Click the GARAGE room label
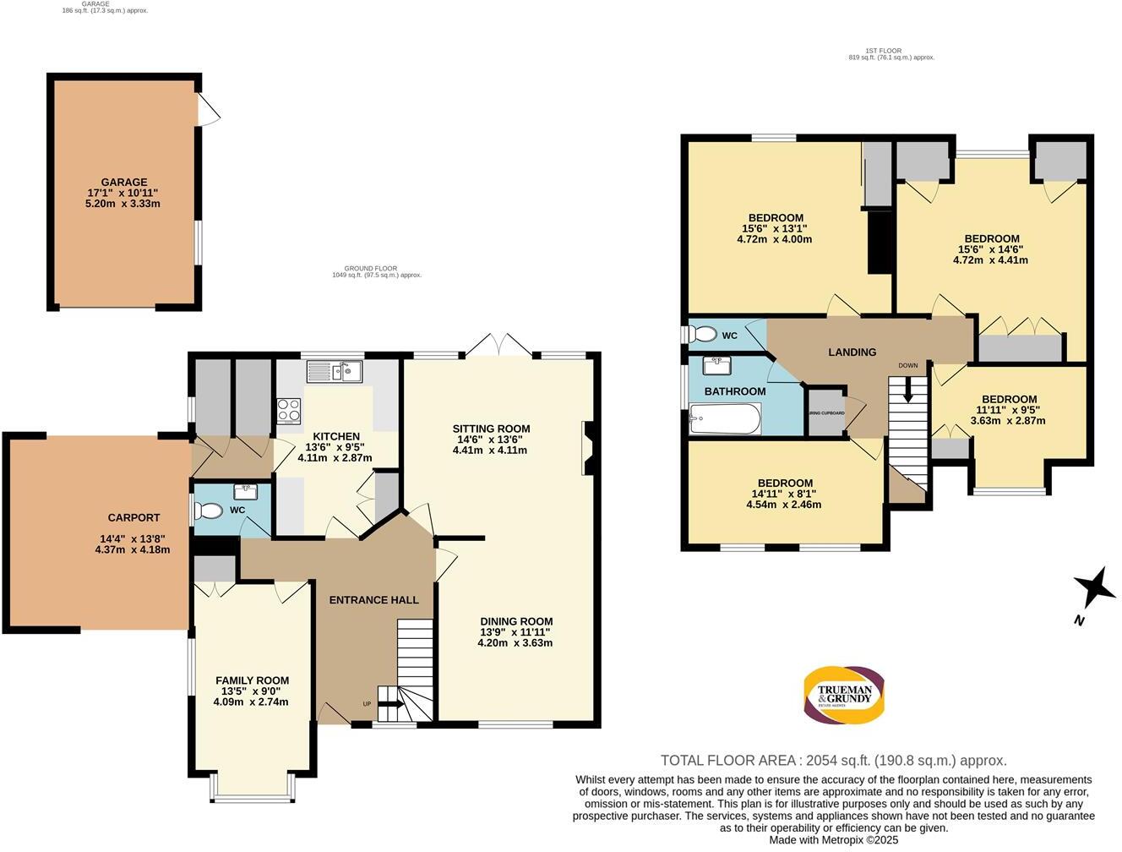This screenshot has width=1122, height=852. (x=124, y=182)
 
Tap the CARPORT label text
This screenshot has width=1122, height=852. (x=133, y=518)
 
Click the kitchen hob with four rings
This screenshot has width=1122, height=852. (x=289, y=410)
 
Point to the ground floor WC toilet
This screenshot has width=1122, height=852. (x=208, y=511)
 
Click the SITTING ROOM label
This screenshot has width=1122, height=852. (x=491, y=429)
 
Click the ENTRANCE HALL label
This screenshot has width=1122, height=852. (x=373, y=600)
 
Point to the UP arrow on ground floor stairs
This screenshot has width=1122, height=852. (x=389, y=701)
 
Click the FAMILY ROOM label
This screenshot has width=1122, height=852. (x=252, y=680)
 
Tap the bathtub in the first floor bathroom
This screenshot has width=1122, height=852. (x=726, y=418)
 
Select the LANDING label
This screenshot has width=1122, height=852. (x=852, y=352)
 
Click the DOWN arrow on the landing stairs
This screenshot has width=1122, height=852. (x=908, y=390)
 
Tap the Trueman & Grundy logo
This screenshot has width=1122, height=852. (x=842, y=696)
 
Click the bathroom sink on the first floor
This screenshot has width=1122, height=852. (x=717, y=365)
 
